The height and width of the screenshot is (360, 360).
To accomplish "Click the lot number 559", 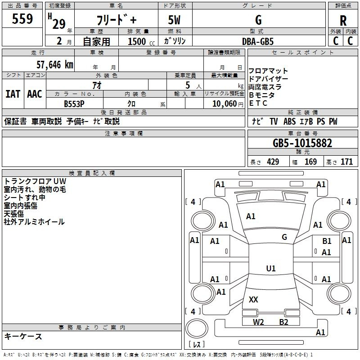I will point(22,19).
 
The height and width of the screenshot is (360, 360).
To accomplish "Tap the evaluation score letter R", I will point(343,20).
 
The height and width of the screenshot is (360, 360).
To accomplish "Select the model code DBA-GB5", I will point(258,41).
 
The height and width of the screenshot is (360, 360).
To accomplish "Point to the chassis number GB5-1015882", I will point(302,144).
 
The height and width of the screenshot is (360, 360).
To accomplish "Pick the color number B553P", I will point(74,103).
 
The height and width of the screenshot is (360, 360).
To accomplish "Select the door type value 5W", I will point(175,20).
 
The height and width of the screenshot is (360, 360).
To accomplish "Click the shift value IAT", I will point(13,94).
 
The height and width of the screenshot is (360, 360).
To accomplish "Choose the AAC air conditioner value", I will point(35,94).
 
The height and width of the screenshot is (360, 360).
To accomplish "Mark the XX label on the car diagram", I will point(253,299).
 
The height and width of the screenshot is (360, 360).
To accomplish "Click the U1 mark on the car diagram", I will point(271,268).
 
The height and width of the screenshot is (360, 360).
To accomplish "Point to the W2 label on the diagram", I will point(258,322).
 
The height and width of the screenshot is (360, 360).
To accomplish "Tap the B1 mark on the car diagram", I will point(327,242).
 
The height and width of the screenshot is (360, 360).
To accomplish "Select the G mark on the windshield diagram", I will point(284,237).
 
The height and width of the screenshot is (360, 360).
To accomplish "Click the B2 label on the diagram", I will point(283,322).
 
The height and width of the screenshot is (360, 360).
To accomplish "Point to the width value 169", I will point(310,162).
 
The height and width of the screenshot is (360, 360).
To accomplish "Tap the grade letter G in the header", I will point(258,20).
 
